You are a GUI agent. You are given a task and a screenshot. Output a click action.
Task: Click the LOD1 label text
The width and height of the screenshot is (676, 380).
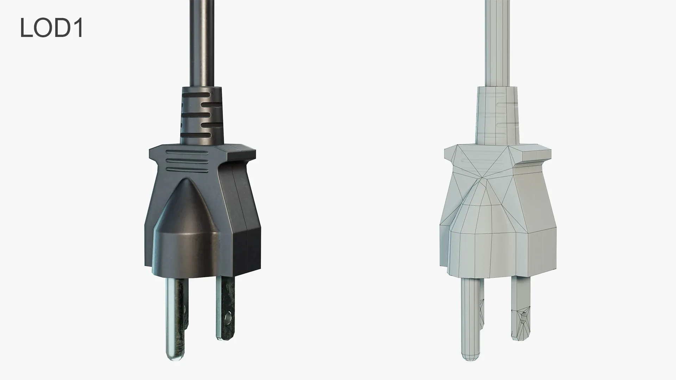[51, 28]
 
